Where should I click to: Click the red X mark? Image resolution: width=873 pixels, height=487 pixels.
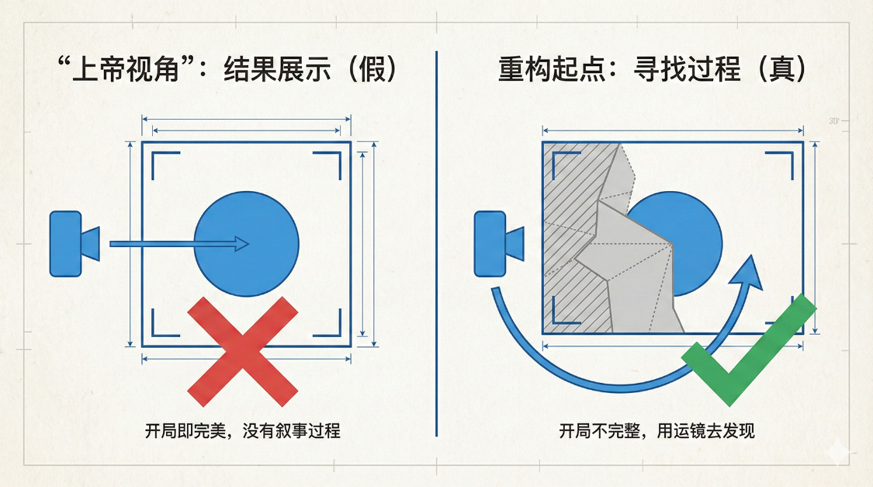(243, 351)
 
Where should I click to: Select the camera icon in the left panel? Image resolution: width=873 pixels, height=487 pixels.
(74, 244)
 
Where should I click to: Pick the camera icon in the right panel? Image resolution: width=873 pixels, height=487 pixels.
(499, 244)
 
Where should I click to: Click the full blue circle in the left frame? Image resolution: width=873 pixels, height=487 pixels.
(246, 244)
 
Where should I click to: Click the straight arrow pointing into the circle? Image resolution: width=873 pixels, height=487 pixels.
(179, 244)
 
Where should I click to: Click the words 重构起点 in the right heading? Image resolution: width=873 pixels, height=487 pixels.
(551, 69)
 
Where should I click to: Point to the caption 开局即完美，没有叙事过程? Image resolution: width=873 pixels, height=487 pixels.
(243, 431)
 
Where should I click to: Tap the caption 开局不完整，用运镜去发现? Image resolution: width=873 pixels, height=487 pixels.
(657, 431)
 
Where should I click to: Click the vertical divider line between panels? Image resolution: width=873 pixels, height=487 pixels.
(436, 244)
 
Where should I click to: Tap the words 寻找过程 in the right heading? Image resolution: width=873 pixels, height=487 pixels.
(687, 69)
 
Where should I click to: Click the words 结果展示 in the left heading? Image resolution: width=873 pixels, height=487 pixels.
(277, 69)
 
